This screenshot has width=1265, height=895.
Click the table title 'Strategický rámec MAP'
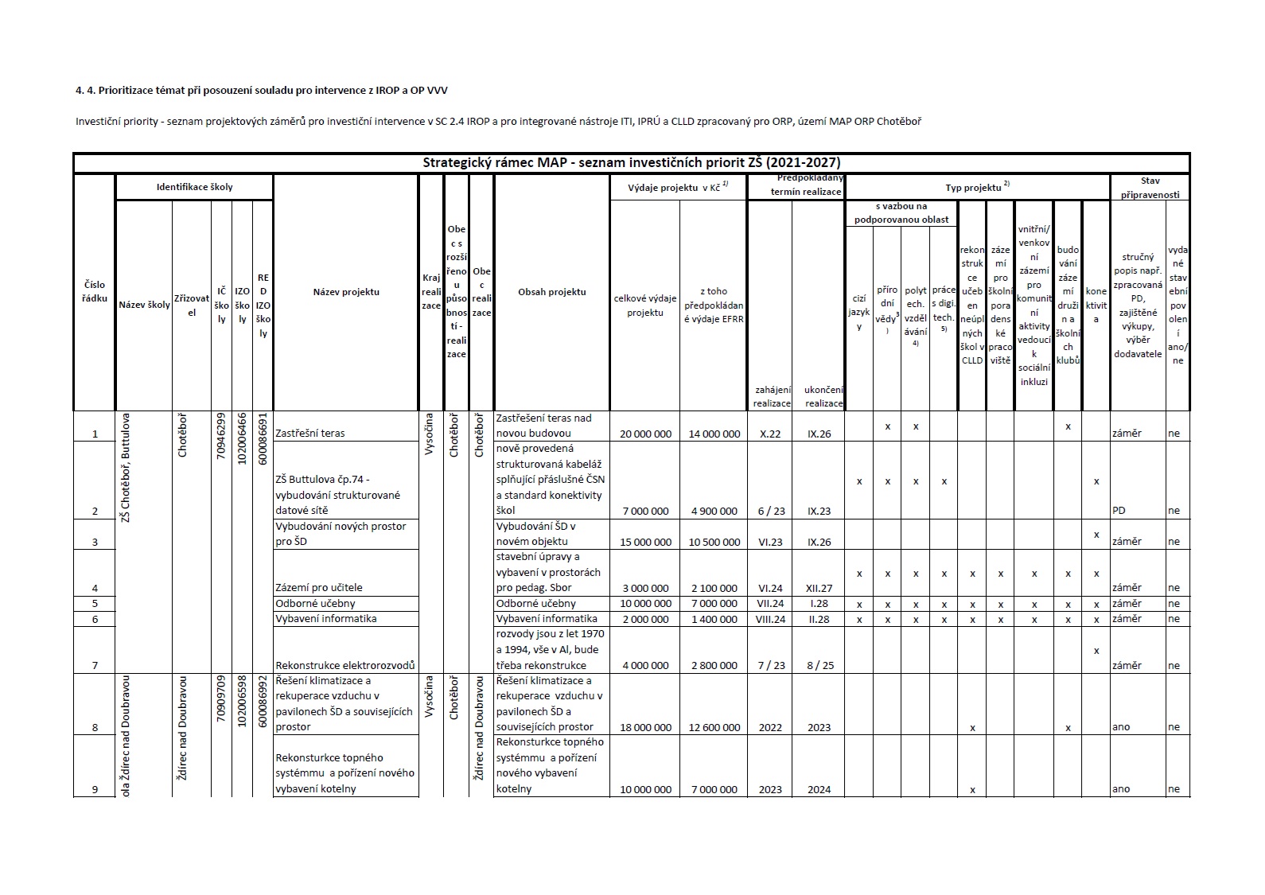click(631, 162)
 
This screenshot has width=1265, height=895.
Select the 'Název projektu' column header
click(346, 292)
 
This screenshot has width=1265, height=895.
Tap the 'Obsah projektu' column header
click(551, 292)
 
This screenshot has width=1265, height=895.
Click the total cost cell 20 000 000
click(644, 434)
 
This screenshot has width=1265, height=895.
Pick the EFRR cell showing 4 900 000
click(714, 511)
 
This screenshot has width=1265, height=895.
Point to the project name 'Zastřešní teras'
click(309, 434)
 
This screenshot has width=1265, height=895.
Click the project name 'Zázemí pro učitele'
click(318, 588)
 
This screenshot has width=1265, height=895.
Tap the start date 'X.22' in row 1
click(770, 434)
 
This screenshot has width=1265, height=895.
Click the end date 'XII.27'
click(819, 588)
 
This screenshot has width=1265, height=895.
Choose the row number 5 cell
click(95, 604)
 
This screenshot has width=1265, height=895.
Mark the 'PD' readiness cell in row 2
click(1119, 511)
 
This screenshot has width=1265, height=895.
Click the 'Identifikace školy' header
click(194, 187)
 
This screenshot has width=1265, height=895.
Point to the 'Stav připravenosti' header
click(1150, 187)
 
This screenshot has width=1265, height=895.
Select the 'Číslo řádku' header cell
click(94, 292)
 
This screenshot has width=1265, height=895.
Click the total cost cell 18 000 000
click(644, 727)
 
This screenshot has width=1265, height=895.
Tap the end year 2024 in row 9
click(819, 789)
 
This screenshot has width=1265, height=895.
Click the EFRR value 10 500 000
click(714, 542)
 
